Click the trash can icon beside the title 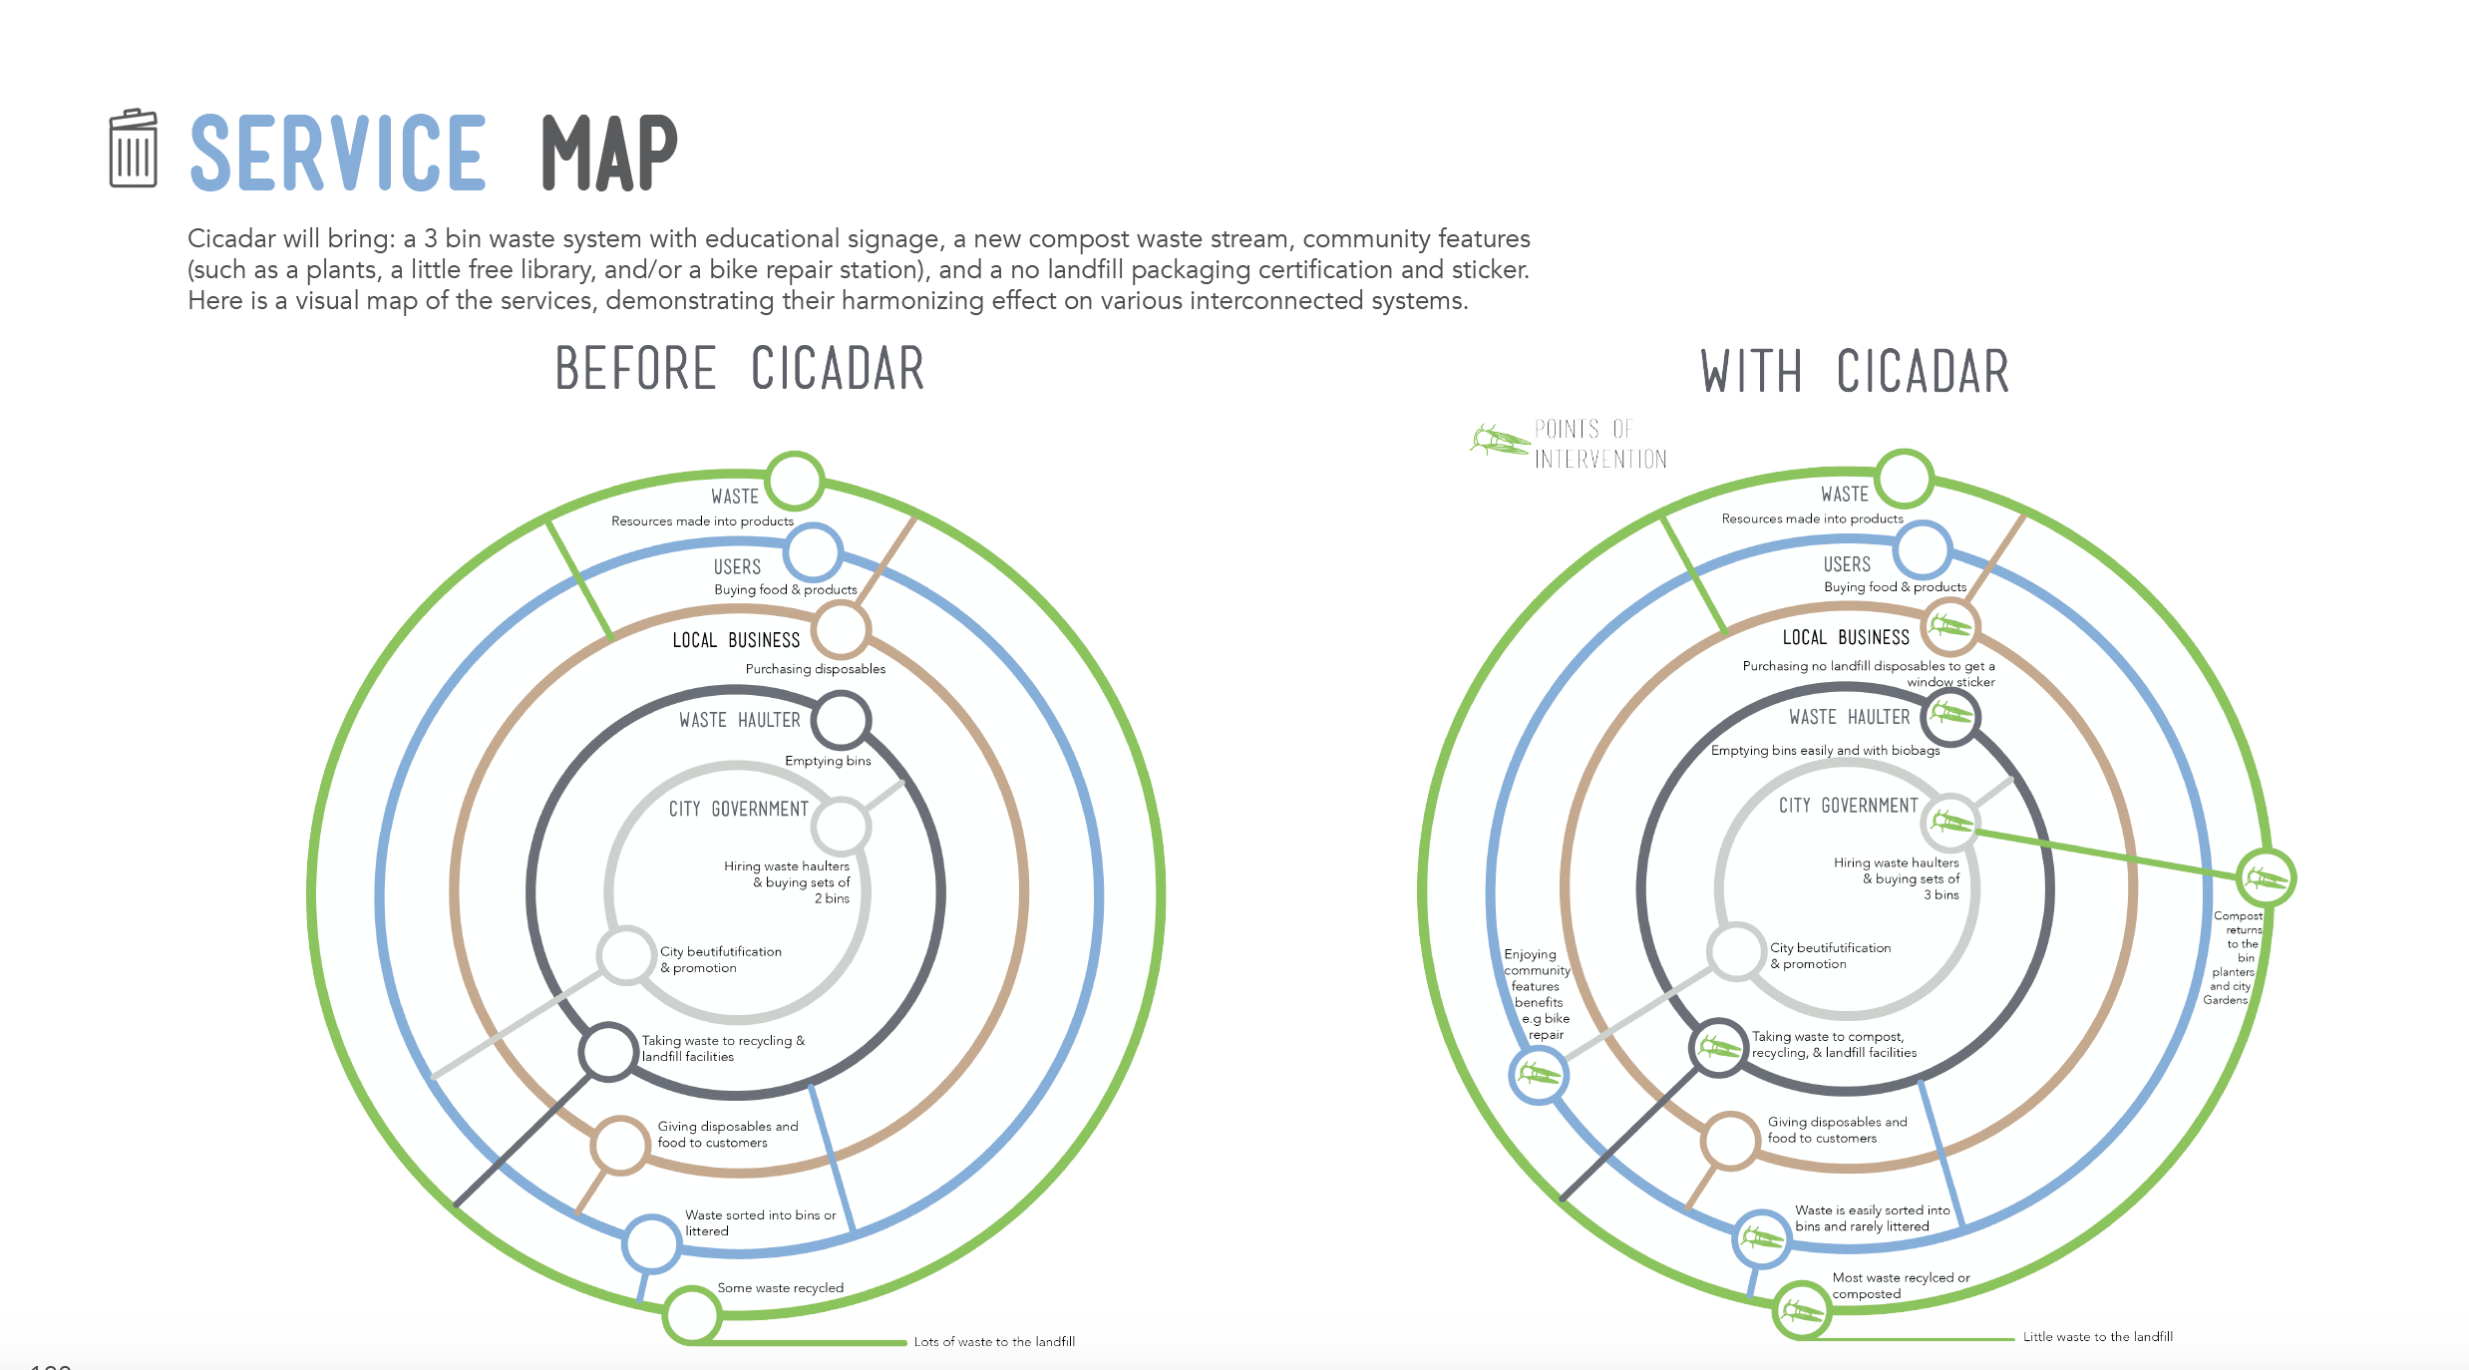[133, 149]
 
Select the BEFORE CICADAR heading [739, 368]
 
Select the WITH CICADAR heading [1854, 371]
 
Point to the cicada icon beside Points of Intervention [1498, 440]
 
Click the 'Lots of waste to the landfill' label [994, 1341]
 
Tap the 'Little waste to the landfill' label [2097, 1336]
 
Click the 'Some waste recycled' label [780, 1287]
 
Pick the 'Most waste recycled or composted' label [1900, 1285]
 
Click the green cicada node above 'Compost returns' [2265, 877]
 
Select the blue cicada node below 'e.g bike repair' [1539, 1074]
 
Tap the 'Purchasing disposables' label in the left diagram [815, 668]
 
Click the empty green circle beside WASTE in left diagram [794, 481]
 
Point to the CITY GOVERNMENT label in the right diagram [1848, 805]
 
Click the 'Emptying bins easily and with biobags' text [1825, 750]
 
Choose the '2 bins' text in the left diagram [832, 898]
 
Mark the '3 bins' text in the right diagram [1940, 894]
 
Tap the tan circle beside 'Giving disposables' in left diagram [620, 1145]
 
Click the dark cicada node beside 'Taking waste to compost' [1718, 1047]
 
